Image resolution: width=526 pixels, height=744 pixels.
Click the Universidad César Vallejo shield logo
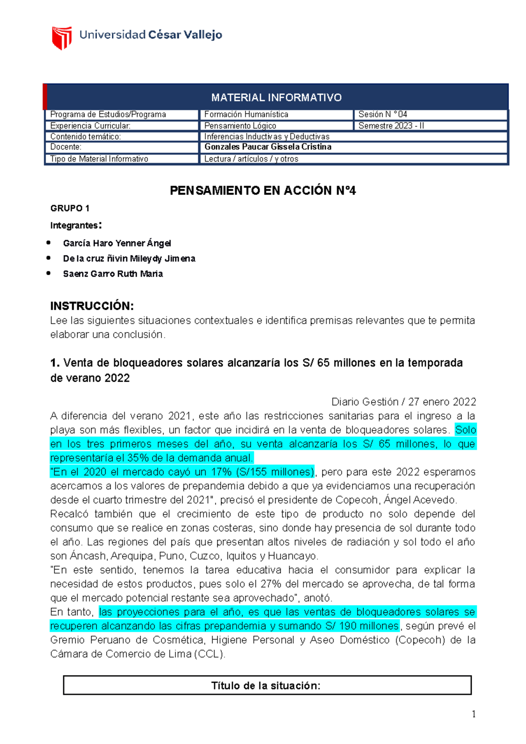62,38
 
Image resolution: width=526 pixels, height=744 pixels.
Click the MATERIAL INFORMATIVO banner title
276,97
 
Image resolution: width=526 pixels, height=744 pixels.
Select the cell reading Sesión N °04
383,114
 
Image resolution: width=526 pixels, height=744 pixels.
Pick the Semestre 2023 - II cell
391,126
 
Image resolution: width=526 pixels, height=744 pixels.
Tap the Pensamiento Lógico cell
240,126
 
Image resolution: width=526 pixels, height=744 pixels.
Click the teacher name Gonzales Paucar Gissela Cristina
268,147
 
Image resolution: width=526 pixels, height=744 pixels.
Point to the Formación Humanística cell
246,114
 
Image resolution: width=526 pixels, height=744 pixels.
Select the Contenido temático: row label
85,137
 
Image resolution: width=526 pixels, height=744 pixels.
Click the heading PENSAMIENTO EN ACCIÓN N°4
263,191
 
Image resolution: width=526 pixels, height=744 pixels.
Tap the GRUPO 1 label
70,208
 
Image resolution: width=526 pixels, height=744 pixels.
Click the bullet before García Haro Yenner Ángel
49,243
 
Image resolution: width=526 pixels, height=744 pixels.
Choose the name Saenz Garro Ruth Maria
113,274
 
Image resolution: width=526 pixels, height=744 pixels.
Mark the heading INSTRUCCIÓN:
92,306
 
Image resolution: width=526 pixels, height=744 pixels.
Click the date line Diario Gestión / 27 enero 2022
403,402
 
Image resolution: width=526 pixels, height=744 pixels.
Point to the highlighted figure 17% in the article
221,472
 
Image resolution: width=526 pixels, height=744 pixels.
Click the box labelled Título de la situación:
267,685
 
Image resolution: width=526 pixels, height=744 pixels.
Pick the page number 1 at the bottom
473,714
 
